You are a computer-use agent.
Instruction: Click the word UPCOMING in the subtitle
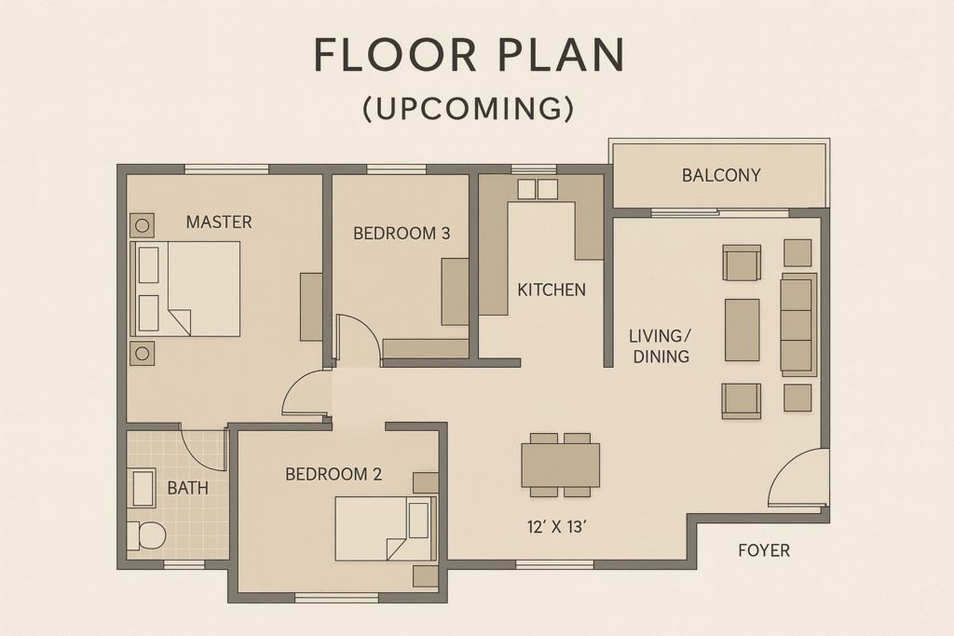tap(469, 109)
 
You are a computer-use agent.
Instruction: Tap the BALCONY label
tap(721, 176)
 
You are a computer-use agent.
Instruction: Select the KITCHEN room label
tap(552, 290)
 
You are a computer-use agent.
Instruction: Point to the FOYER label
tap(764, 551)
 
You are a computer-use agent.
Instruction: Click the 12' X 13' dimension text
tap(556, 527)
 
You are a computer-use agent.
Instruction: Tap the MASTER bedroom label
tap(219, 222)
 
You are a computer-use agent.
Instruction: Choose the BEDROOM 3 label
tap(402, 234)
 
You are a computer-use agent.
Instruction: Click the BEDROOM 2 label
tap(334, 474)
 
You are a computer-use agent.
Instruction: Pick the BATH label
tap(187, 488)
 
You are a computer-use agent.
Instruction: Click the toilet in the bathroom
tap(146, 536)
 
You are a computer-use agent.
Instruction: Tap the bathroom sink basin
tap(144, 488)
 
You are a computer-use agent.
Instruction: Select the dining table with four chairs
tap(560, 466)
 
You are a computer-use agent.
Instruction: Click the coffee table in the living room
tap(743, 330)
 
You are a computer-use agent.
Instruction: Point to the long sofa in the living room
tap(798, 325)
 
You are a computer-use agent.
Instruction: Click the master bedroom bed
tap(185, 289)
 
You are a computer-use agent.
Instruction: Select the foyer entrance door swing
tap(797, 478)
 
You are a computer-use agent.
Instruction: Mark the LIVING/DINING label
tap(661, 346)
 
